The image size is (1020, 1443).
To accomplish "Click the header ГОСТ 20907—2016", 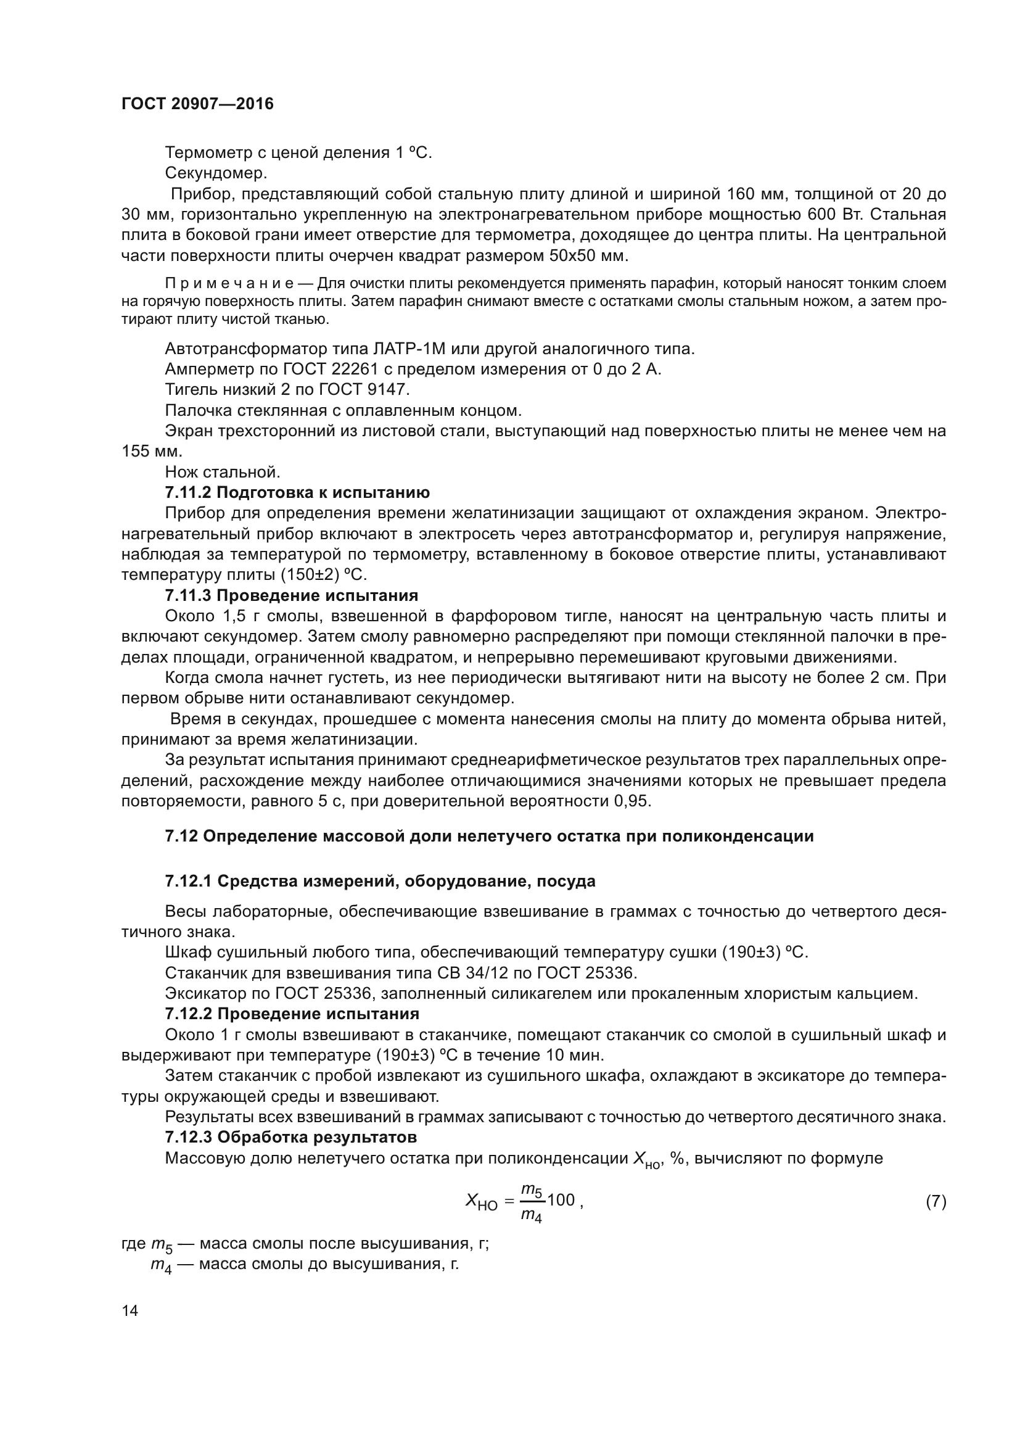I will click(x=197, y=104).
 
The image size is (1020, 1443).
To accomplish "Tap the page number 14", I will click(x=130, y=1310).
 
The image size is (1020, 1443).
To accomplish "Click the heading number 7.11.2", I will click(x=188, y=492).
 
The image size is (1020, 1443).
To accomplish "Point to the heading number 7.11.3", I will click(x=188, y=595).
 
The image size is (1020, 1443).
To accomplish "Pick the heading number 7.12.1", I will click(x=188, y=881).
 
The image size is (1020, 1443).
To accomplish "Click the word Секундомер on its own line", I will click(x=216, y=173).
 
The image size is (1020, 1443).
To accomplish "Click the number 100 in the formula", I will click(x=561, y=1199).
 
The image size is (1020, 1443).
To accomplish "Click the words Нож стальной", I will click(x=223, y=472).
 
